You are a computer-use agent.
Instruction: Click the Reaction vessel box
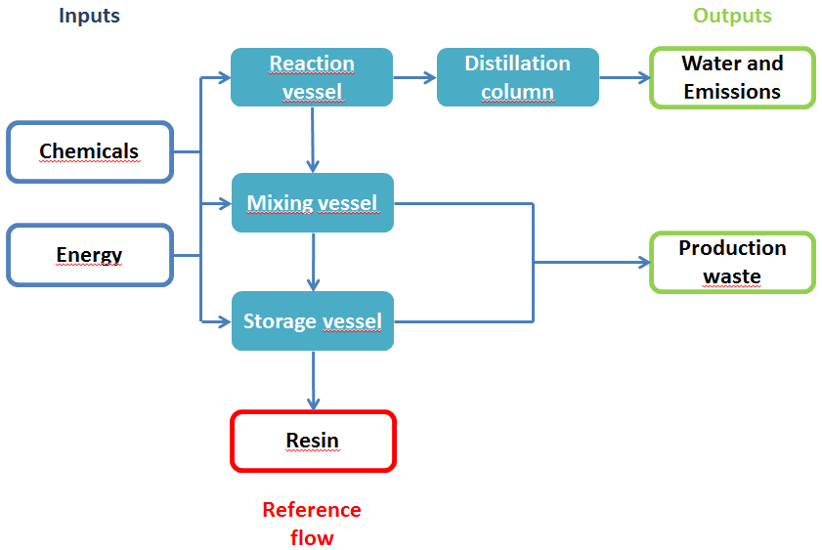[x=312, y=77]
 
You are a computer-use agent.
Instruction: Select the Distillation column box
[x=517, y=77]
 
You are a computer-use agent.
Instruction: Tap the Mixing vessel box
[x=312, y=203]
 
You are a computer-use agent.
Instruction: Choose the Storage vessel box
[x=312, y=321]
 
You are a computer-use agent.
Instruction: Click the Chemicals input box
[x=90, y=151]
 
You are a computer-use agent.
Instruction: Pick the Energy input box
[x=90, y=255]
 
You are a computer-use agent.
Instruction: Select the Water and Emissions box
[x=732, y=77]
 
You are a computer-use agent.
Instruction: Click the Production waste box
[x=732, y=262]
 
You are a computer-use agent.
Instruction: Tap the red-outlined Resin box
[x=313, y=441]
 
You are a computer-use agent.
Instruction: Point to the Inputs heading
[x=89, y=16]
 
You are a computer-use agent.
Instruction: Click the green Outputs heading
[x=732, y=16]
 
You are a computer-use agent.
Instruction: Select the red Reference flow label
[x=312, y=524]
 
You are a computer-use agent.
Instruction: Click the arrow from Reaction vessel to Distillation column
[x=414, y=77]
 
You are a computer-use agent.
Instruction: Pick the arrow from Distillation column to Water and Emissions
[x=624, y=77]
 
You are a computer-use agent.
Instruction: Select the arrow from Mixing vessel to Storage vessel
[x=313, y=261]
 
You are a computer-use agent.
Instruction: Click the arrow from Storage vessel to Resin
[x=313, y=380]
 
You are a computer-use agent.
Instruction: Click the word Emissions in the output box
[x=732, y=92]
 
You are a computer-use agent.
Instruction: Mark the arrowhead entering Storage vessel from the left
[x=224, y=321]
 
